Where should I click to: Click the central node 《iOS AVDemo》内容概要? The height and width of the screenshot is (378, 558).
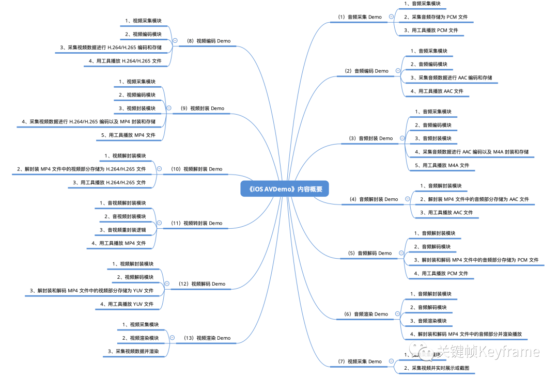tap(284, 189)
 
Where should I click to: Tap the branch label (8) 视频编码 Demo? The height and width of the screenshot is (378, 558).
tap(208, 41)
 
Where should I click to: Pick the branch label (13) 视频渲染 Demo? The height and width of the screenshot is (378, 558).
tap(207, 338)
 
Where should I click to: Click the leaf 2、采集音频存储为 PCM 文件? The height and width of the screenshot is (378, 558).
tap(436, 17)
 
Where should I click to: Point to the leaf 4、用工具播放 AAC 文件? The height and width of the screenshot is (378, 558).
tap(437, 91)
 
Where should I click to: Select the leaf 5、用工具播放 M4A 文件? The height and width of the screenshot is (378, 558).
tap(442, 166)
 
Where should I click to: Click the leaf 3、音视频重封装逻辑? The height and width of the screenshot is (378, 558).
tap(122, 230)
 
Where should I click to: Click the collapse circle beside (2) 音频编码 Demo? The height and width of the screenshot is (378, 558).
tap(398, 71)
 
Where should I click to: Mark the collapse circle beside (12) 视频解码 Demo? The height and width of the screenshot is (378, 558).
tap(167, 283)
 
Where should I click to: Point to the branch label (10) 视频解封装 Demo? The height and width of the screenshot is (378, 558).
tap(196, 169)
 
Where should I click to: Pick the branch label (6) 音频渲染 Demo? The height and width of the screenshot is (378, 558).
tap(366, 314)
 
